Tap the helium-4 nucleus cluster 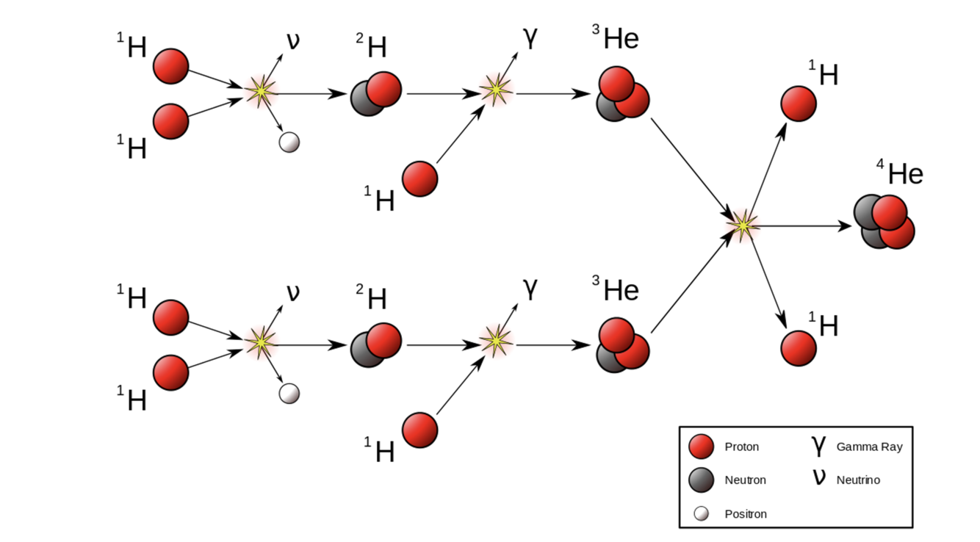point(884,222)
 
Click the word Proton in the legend point(741,447)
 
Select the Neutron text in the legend point(745,480)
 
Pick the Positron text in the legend point(745,514)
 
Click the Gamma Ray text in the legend point(869,447)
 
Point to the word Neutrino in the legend point(858,480)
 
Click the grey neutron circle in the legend point(702,480)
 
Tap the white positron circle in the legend point(702,514)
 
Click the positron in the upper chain point(289,142)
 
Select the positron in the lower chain point(289,394)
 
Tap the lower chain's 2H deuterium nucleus point(376,345)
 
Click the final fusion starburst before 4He point(743,225)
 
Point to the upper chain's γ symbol point(530,38)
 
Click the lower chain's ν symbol point(292,292)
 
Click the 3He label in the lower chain point(616,291)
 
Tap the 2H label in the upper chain point(372,47)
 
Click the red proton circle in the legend point(702,447)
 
